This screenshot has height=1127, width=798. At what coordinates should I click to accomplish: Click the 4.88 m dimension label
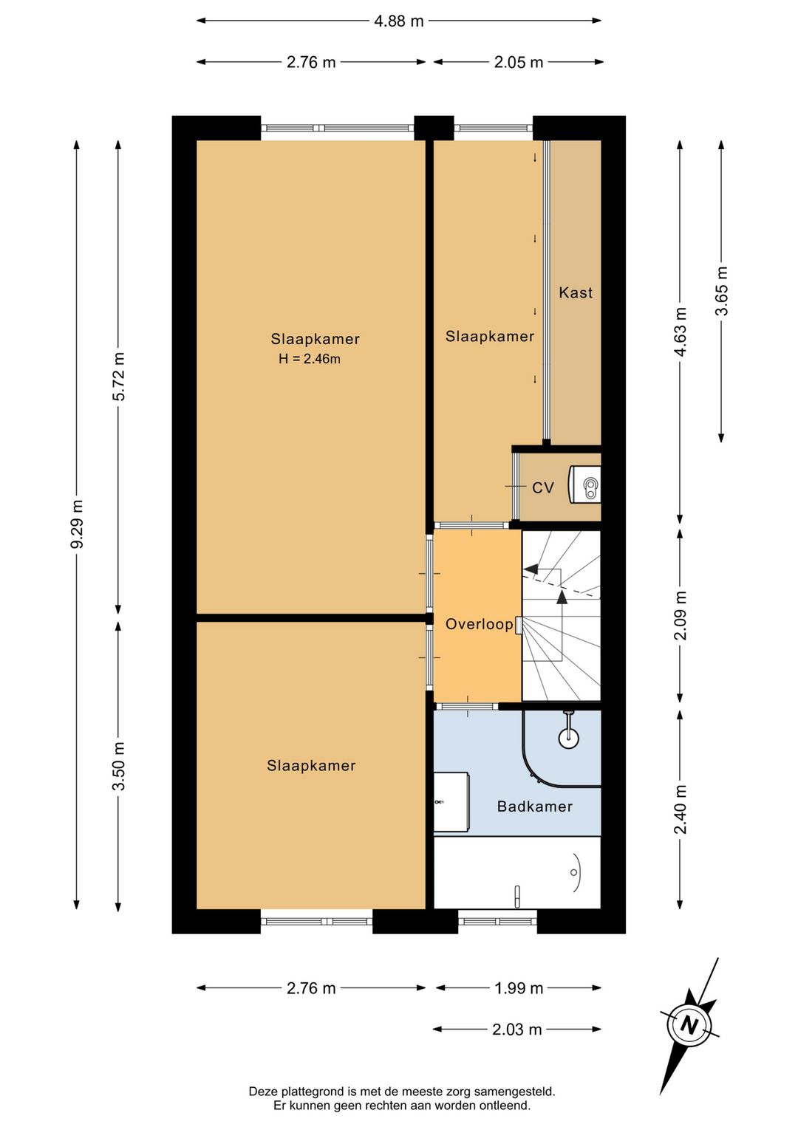point(399,21)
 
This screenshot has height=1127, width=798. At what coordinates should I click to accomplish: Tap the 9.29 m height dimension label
point(77,524)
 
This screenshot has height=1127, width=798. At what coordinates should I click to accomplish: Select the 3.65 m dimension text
point(721,290)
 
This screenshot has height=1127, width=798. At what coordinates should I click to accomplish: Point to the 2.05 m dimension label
point(518,62)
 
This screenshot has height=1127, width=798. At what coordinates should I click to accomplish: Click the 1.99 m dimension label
point(519,989)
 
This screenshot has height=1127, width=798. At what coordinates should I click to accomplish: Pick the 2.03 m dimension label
point(517,1030)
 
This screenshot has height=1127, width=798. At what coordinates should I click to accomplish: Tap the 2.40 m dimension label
point(681,809)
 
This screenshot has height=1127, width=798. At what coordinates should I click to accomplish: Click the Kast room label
point(576,292)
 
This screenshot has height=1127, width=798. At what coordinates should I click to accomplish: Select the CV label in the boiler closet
point(543,487)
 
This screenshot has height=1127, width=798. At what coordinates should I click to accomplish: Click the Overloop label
point(480,624)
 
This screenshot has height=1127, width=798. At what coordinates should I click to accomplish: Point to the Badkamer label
point(535,806)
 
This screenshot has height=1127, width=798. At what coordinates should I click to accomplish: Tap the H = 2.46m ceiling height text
point(310,359)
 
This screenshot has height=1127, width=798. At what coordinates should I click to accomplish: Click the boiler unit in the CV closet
point(585,484)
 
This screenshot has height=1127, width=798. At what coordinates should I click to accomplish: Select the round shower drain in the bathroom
point(569,738)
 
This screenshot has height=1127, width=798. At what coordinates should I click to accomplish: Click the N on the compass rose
point(689,1024)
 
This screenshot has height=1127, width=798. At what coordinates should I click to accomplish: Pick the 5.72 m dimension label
point(119,376)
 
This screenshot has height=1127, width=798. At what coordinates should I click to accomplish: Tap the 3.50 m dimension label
point(119,766)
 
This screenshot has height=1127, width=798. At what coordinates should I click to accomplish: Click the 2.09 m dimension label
point(681,614)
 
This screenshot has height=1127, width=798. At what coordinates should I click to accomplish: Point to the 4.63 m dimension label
point(681,332)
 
